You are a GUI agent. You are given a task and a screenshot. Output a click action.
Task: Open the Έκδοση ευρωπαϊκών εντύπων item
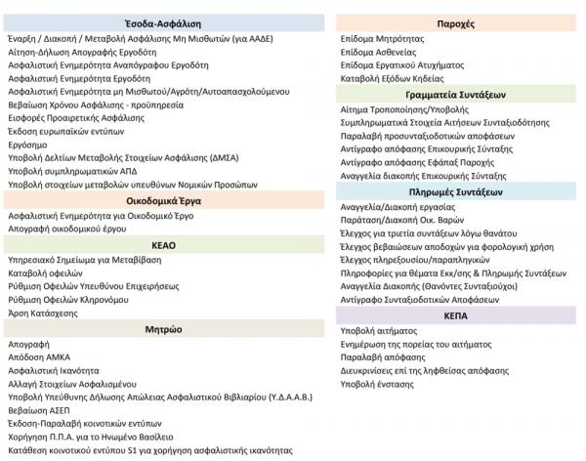[x=59, y=130]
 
